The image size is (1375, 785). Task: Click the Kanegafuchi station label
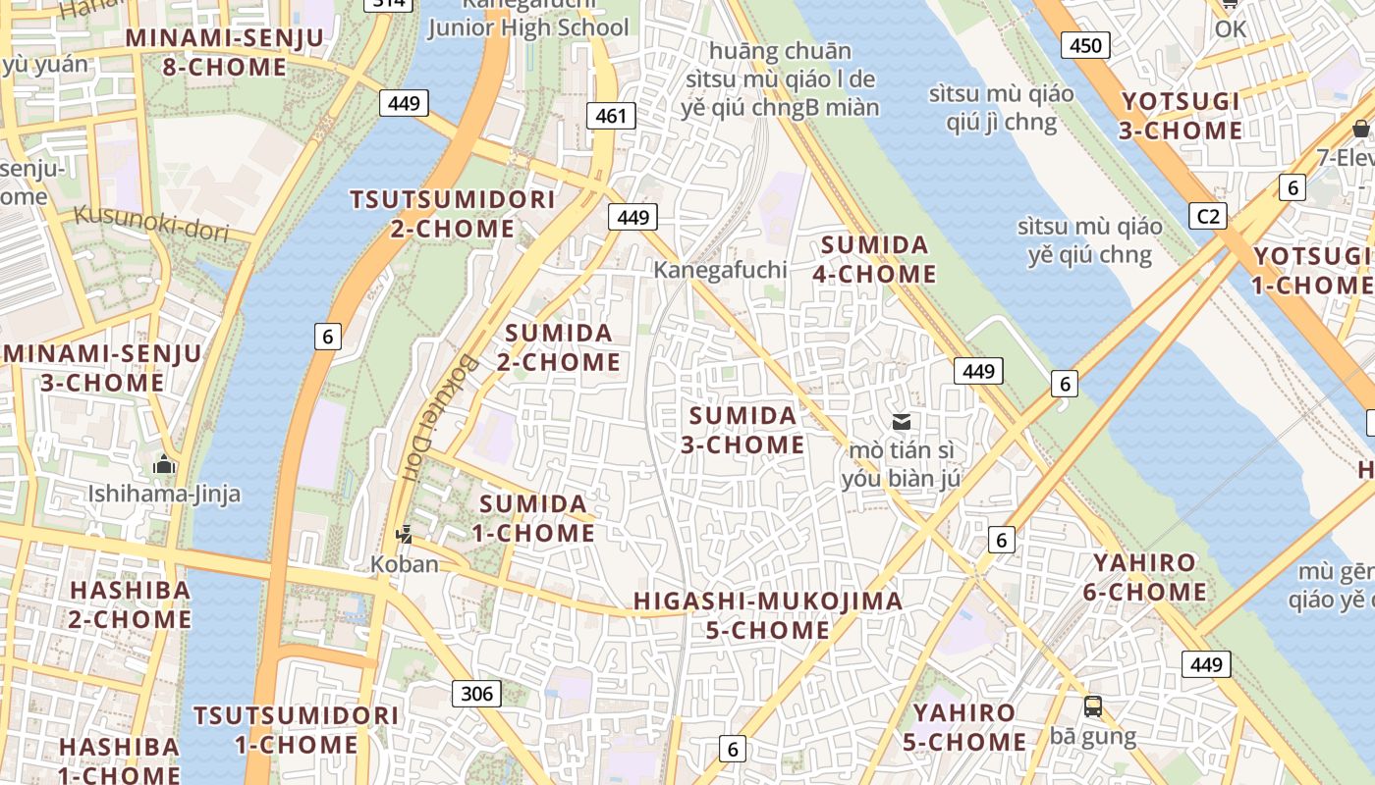[x=721, y=269]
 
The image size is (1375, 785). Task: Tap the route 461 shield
[x=610, y=116]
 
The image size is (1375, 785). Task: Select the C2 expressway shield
[x=1207, y=216]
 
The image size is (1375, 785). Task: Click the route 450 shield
[x=1085, y=45]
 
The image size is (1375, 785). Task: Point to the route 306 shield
[x=476, y=694]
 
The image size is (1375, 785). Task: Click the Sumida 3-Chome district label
[x=743, y=430]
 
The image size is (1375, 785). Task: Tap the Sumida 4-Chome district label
[x=874, y=259]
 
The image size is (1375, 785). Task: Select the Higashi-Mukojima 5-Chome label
[x=767, y=615]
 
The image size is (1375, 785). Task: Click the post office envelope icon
[x=901, y=422]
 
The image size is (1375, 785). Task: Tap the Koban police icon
[x=403, y=535]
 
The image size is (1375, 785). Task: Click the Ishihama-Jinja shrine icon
[x=164, y=464]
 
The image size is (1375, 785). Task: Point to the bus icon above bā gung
[x=1092, y=706]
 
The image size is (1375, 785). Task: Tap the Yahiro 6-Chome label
[x=1144, y=577]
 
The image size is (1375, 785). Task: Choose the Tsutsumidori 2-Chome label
[x=453, y=214]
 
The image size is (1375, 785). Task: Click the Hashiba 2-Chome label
[x=130, y=604]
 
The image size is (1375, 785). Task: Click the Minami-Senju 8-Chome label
[x=225, y=52]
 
